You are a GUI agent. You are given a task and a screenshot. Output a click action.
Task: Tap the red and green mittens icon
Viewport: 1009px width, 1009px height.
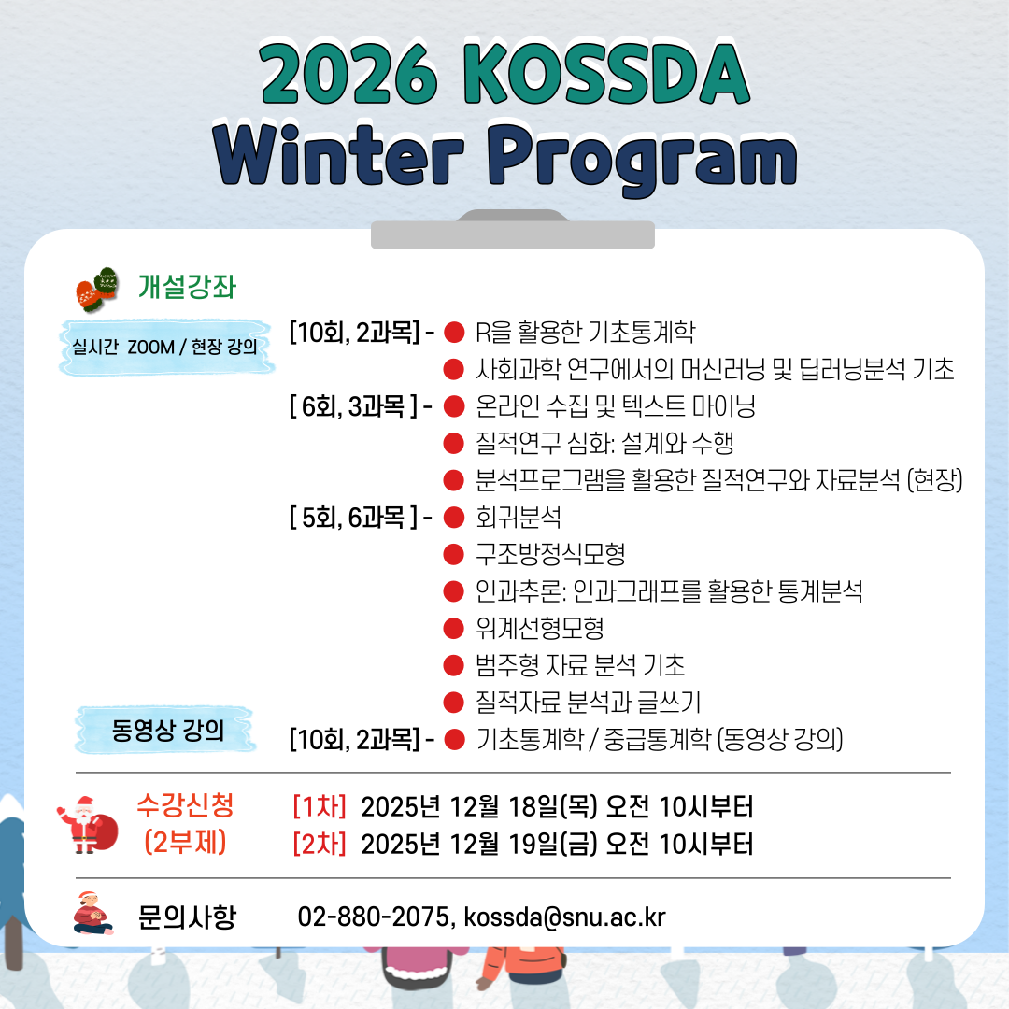(96, 288)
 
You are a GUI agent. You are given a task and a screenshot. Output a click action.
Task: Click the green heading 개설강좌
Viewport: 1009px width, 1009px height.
(187, 286)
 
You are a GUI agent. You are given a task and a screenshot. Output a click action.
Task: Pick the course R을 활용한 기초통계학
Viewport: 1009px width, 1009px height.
(585, 332)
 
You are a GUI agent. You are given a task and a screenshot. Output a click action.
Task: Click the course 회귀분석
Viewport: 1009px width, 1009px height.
(518, 517)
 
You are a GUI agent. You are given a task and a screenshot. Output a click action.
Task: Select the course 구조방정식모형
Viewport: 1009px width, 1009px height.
(550, 554)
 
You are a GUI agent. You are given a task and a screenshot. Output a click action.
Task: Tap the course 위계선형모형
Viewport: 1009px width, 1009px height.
(539, 628)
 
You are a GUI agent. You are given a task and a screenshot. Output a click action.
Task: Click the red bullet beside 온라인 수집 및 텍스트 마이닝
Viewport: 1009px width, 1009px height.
(454, 406)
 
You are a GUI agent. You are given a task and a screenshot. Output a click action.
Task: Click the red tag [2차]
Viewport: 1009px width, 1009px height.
(320, 845)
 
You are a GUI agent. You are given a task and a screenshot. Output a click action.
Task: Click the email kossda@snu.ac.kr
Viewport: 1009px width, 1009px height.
(564, 917)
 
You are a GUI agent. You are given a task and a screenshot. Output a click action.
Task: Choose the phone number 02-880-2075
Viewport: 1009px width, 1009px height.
(373, 917)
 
